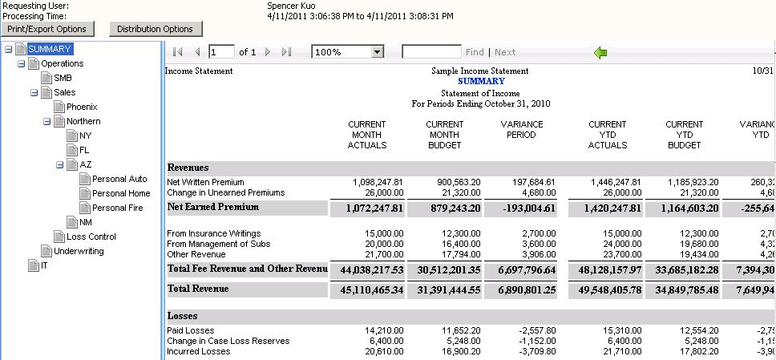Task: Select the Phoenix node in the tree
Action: pyautogui.click(x=81, y=107)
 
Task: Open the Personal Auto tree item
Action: pyautogui.click(x=119, y=179)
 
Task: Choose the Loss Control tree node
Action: pyautogui.click(x=91, y=237)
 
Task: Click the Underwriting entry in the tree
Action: pyautogui.click(x=79, y=251)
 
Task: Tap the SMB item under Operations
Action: pyautogui.click(x=63, y=78)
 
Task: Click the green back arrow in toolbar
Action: pyautogui.click(x=600, y=52)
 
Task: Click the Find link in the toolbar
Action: pyautogui.click(x=475, y=52)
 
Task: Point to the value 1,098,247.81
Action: pyautogui.click(x=378, y=182)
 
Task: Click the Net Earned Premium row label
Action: pyautogui.click(x=212, y=207)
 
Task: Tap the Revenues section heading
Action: pyautogui.click(x=188, y=168)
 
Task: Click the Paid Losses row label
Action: pyautogui.click(x=191, y=330)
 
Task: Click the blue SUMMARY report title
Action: pyautogui.click(x=481, y=81)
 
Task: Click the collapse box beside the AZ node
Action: pyautogui.click(x=60, y=164)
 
